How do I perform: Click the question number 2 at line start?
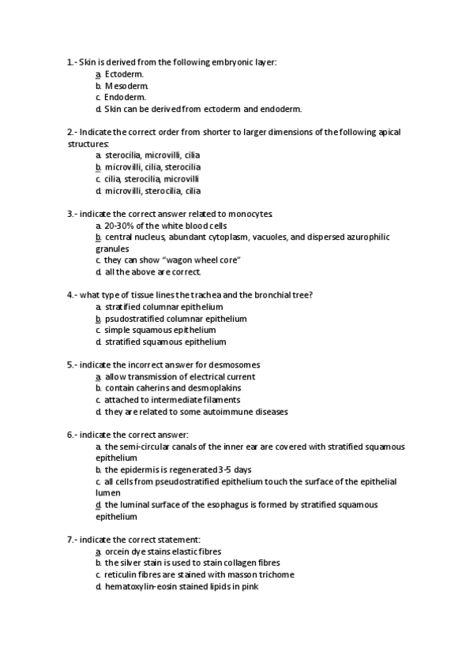click(71, 132)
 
